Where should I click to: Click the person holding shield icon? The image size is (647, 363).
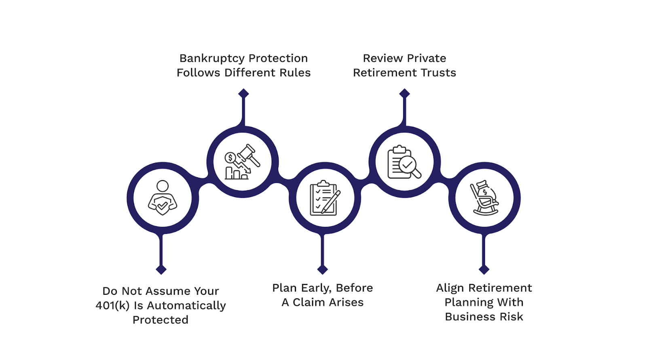162,198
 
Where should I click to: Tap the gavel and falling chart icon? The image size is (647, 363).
242,162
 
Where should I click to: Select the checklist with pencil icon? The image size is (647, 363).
324,198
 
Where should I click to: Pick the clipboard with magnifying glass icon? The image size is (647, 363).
404,162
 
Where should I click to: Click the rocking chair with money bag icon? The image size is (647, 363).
484,198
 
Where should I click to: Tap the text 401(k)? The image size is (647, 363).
112,306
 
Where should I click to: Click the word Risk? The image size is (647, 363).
512,317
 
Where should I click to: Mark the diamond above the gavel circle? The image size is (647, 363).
243,94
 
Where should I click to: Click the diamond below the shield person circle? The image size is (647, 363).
161,269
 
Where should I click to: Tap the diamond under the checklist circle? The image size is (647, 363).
323,269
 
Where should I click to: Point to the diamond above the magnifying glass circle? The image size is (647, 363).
404,94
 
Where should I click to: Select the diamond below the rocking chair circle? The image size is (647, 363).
484,269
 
